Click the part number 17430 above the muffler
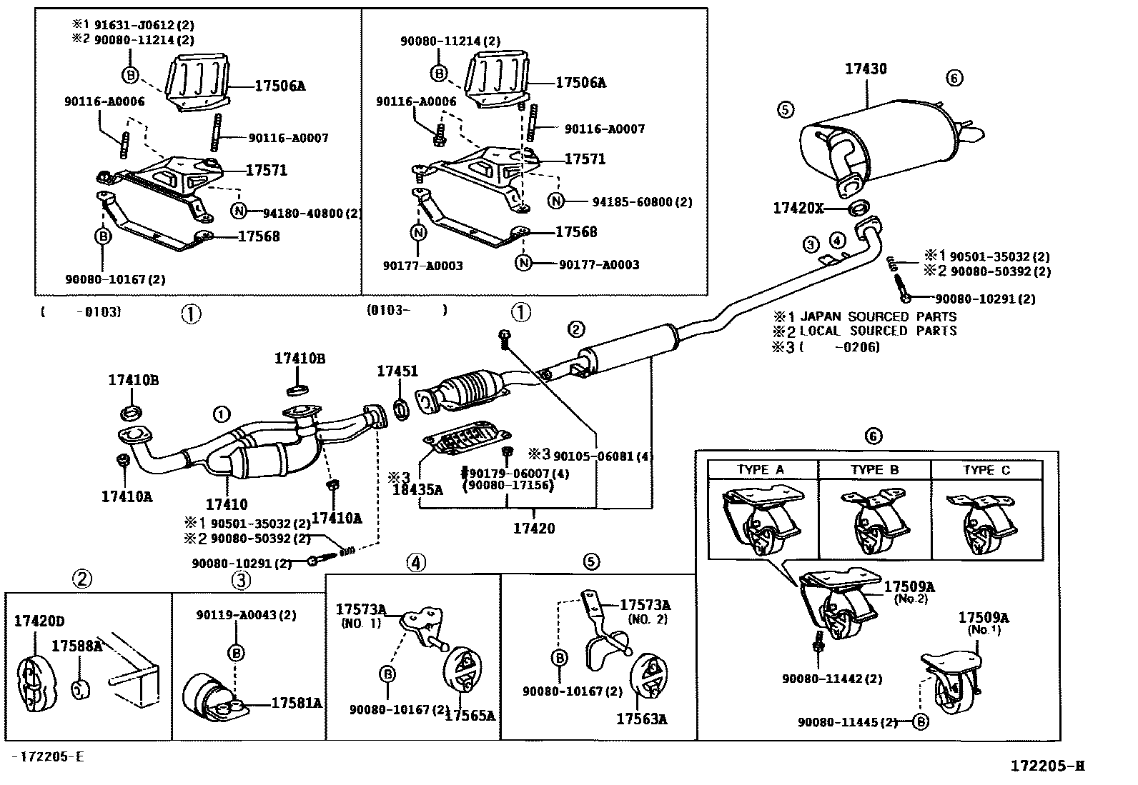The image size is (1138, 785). point(866,69)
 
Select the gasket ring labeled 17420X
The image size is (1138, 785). point(858,209)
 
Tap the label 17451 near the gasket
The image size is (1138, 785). point(397,371)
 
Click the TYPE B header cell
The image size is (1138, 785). point(874,469)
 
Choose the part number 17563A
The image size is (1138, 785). point(642,719)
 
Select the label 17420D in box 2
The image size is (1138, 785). point(43,621)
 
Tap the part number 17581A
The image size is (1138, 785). point(296,703)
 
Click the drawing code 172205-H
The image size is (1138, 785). point(1047,766)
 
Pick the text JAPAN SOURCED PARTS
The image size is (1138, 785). point(879,316)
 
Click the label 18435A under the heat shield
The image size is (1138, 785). point(417,489)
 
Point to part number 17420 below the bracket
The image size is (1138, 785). point(534,529)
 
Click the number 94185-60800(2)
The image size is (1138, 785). point(642,202)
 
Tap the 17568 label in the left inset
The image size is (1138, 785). point(258,236)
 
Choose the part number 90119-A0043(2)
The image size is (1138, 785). point(246,614)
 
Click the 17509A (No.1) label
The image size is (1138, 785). point(984,623)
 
